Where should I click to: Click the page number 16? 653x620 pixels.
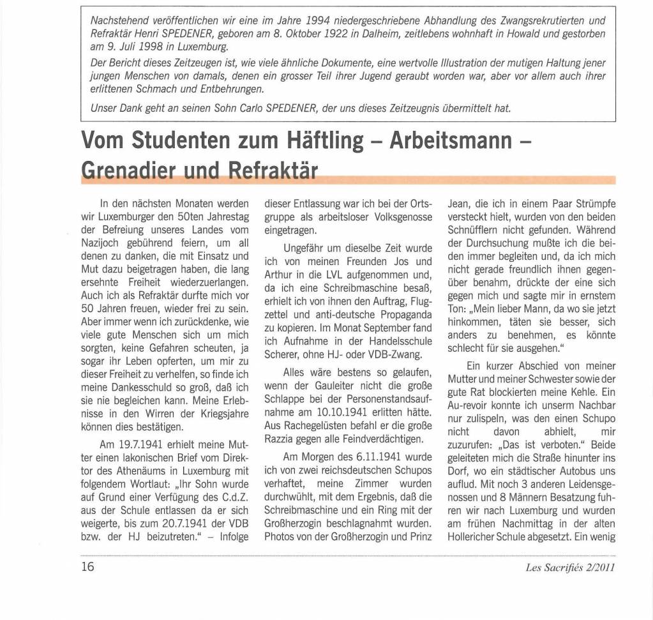click(x=87, y=566)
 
